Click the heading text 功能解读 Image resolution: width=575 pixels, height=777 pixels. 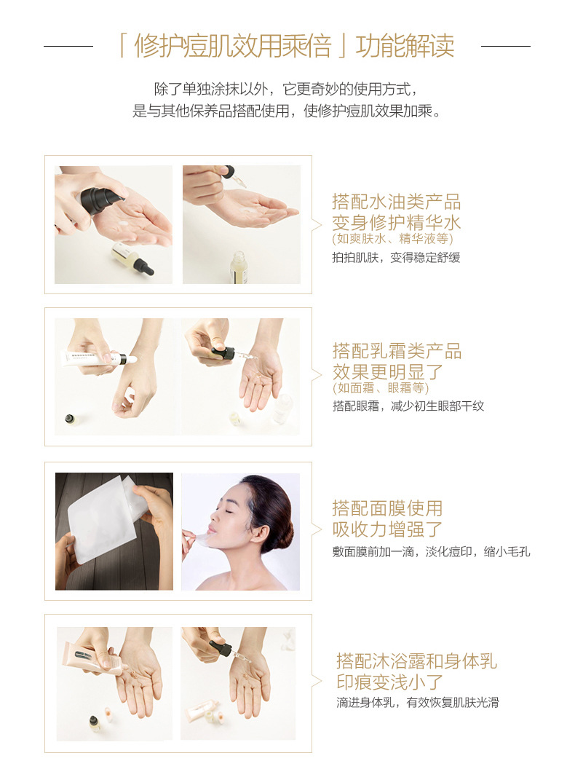click(x=405, y=46)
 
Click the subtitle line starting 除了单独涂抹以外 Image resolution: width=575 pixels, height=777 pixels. click(x=287, y=89)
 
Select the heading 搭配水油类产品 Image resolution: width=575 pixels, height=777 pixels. click(x=396, y=202)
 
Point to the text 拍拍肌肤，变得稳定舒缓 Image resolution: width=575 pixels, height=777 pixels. click(x=396, y=257)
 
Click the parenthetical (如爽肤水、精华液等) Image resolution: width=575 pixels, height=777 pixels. click(x=393, y=239)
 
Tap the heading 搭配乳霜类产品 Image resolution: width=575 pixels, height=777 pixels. click(x=397, y=350)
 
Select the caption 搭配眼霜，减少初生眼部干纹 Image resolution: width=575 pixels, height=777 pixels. click(x=408, y=406)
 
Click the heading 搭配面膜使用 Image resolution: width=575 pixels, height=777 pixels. click(x=387, y=508)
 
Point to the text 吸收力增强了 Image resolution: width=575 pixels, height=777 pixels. click(x=387, y=529)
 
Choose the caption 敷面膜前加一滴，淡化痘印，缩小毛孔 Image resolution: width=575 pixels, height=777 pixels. click(x=431, y=551)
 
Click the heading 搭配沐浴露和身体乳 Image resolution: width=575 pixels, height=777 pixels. click(x=416, y=660)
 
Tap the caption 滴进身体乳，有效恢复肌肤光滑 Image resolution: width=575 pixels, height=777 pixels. click(x=417, y=702)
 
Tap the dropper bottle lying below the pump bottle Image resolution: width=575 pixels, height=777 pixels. click(x=134, y=259)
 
